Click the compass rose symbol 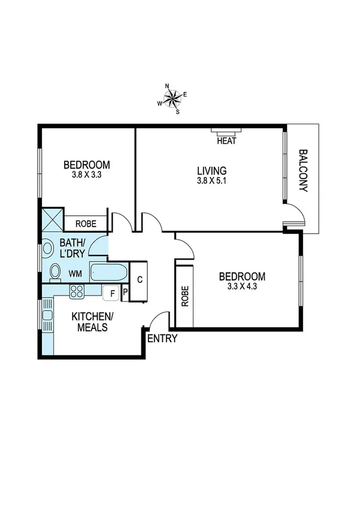(x=173, y=98)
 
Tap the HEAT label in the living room (x=226, y=141)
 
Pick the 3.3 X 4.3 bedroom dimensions (x=241, y=287)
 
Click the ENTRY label (x=162, y=338)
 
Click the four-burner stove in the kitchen (x=77, y=292)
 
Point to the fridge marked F (x=110, y=293)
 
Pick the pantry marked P (x=125, y=293)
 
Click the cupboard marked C (x=139, y=279)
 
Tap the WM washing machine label (x=75, y=273)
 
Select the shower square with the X (x=52, y=219)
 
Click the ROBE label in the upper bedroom (x=84, y=224)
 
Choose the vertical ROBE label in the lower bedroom (x=185, y=296)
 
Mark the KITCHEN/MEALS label (x=90, y=321)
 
